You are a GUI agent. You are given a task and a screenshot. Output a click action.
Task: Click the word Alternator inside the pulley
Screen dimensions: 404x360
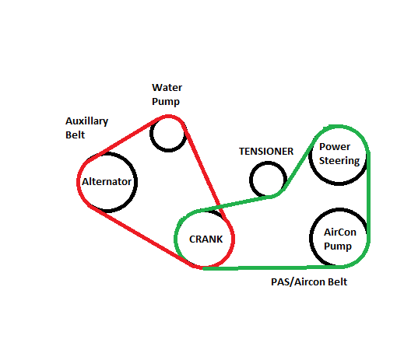(107, 182)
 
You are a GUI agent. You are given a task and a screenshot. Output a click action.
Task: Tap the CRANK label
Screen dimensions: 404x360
(206, 239)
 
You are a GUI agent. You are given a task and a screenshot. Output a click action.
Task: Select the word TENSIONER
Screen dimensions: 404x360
(266, 152)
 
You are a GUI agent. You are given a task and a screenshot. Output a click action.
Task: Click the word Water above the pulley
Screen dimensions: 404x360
(167, 88)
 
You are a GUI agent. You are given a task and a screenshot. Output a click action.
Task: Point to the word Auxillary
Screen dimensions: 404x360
(86, 121)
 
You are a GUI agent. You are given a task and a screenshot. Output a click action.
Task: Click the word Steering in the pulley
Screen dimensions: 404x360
(339, 161)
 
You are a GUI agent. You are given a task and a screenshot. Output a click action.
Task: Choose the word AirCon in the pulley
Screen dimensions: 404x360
(340, 232)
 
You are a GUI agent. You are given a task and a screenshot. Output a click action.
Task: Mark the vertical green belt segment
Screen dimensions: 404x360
(368, 197)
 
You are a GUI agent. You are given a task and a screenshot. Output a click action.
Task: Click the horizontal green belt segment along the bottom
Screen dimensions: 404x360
(272, 267)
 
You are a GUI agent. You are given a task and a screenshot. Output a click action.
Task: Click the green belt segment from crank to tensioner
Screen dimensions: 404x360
(236, 204)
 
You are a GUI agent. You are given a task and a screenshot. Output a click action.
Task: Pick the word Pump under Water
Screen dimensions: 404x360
(166, 102)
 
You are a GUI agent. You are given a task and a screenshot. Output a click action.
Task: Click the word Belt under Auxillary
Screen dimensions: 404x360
(75, 135)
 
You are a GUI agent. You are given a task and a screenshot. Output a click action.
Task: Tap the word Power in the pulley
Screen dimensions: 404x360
(335, 147)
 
